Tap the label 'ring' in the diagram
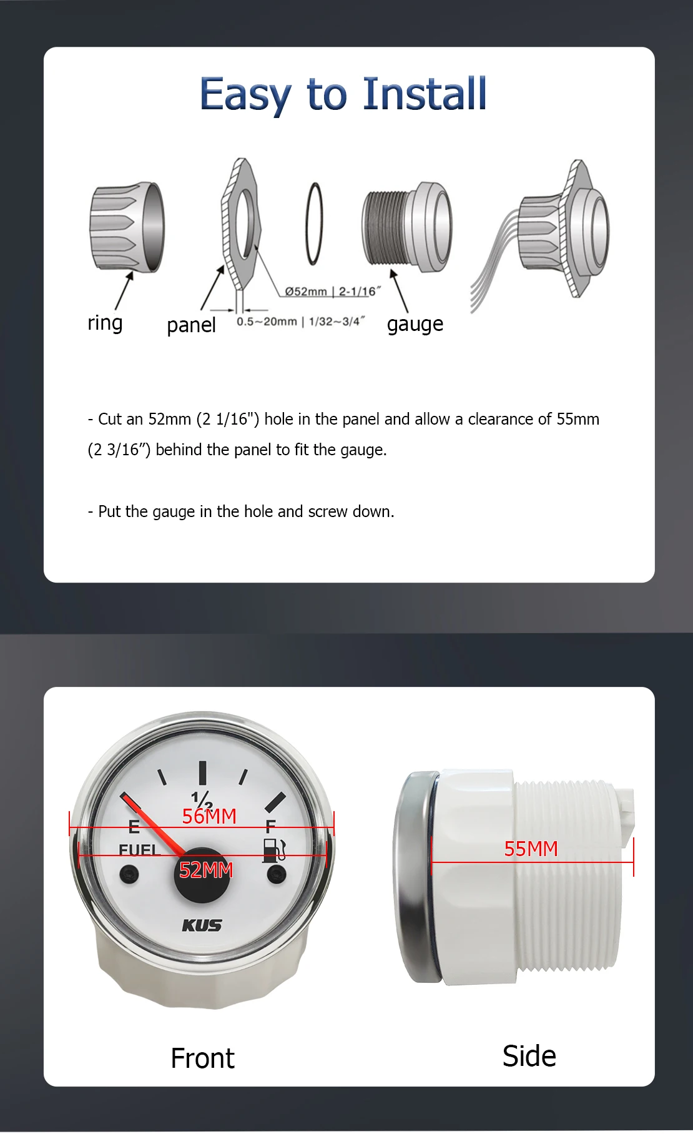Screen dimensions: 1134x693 pyautogui.click(x=105, y=323)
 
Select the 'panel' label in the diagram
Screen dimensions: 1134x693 pyautogui.click(x=191, y=325)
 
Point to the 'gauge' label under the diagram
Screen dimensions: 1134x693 pyautogui.click(x=415, y=325)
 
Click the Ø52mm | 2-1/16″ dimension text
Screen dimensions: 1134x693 pyautogui.click(x=332, y=292)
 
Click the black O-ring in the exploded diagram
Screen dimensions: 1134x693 pyautogui.click(x=315, y=224)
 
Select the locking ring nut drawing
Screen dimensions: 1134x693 pyautogui.click(x=127, y=227)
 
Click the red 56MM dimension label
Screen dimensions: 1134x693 pyautogui.click(x=209, y=816)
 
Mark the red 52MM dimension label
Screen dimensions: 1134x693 pyautogui.click(x=206, y=870)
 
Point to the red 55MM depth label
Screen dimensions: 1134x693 pyautogui.click(x=531, y=849)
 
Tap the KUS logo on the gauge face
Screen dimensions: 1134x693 pyautogui.click(x=202, y=925)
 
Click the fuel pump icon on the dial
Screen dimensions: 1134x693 pyautogui.click(x=273, y=850)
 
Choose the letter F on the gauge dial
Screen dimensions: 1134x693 pyautogui.click(x=270, y=826)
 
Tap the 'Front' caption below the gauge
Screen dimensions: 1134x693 pyautogui.click(x=202, y=1058)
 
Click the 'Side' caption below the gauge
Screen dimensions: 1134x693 pyautogui.click(x=529, y=1056)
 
